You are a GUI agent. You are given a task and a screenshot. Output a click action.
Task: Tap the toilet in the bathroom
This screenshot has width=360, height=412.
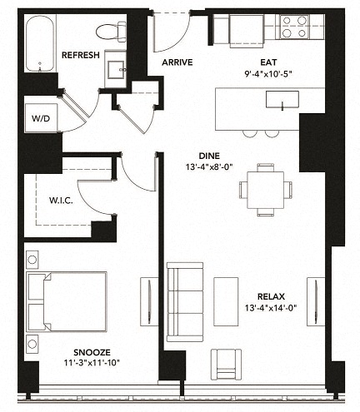pos(108,32)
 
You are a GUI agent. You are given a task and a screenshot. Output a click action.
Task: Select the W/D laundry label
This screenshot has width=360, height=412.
pos(39,119)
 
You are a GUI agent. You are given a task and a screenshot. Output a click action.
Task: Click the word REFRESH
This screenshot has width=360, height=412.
pos(81,56)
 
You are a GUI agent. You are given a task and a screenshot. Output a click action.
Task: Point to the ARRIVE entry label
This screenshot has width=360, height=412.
pos(177,61)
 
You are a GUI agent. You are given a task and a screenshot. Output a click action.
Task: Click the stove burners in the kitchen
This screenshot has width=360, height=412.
pos(292,27)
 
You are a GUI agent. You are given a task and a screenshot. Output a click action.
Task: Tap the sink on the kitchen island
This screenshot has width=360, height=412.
pos(282,100)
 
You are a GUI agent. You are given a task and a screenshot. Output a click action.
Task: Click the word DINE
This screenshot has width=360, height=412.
pos(209,155)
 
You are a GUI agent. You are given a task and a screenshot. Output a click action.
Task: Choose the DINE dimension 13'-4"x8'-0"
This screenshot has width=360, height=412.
pos(210,167)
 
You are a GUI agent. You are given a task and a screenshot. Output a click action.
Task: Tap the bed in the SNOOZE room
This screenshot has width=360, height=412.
pos(66,300)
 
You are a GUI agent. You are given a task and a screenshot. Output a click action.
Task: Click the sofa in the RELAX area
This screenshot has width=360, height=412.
pos(184,301)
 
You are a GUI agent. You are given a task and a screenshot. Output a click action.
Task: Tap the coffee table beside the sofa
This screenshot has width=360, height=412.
pos(226,301)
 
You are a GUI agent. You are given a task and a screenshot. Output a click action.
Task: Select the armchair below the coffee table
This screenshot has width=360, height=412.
pos(226,363)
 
